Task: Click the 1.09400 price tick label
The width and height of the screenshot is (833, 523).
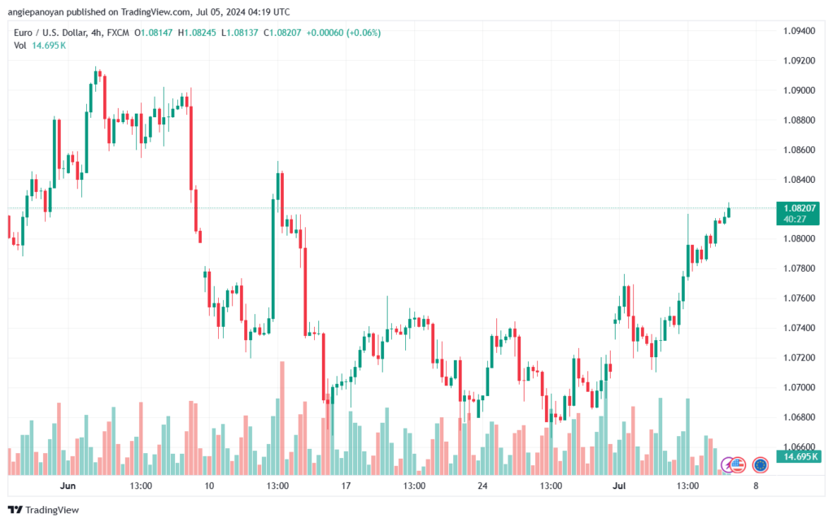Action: click(798, 31)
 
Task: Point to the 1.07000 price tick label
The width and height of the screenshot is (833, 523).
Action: click(798, 387)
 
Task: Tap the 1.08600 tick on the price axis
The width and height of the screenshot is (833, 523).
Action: click(798, 150)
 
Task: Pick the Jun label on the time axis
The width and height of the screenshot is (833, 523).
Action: click(68, 486)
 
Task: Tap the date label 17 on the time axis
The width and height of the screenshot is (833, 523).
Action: click(346, 486)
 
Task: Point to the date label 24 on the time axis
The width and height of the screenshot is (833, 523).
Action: click(482, 486)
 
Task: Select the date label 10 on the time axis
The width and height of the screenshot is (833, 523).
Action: click(209, 486)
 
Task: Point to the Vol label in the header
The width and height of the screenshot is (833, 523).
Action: click(20, 46)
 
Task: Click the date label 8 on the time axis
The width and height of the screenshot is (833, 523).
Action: click(757, 486)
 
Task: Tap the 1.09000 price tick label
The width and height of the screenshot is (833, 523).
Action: click(798, 90)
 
